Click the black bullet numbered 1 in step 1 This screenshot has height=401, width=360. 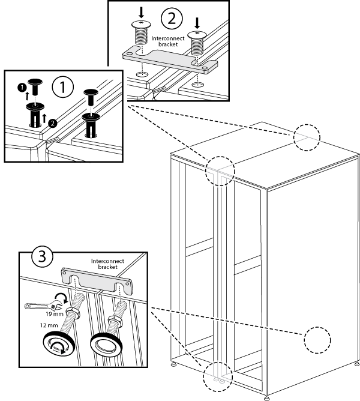pyautogui.click(x=22, y=88)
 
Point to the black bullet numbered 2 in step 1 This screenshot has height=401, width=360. pyautogui.click(x=53, y=123)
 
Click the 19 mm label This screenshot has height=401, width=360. pyautogui.click(x=53, y=313)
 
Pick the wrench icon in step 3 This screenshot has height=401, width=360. pyautogui.click(x=40, y=305)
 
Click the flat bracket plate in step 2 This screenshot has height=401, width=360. pyautogui.click(x=170, y=60)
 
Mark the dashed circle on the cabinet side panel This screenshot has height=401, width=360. pyautogui.click(x=317, y=342)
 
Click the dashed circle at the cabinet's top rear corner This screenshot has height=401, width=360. pyautogui.click(x=307, y=137)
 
